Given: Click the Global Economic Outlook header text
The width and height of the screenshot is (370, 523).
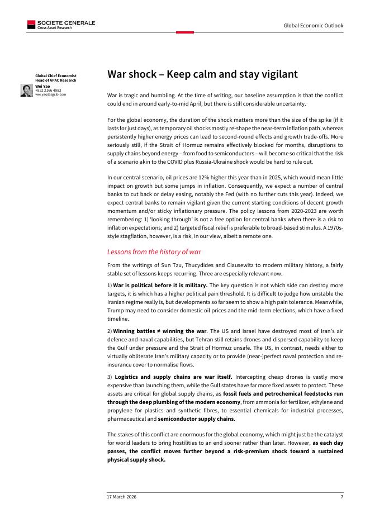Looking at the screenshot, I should point(314,25).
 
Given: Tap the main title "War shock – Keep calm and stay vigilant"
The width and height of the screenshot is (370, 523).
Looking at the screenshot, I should point(202,74).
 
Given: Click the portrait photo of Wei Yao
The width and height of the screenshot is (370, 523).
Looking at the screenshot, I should point(26,91).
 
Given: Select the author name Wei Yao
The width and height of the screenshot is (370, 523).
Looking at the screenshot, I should point(42,87).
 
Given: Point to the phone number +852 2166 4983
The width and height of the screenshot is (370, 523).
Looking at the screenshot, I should point(48,91).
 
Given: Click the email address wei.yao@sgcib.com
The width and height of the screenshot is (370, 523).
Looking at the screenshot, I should point(50,94).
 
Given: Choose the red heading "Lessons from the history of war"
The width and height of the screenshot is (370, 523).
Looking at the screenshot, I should point(155,252).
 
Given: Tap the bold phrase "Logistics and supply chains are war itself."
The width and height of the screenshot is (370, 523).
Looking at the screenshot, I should point(174,377).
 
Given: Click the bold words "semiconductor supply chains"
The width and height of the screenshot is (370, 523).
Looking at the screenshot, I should point(196,419).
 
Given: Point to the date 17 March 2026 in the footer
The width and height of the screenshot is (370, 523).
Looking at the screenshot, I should point(122,497).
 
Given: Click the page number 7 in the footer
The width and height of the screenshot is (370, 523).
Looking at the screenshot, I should point(341,497).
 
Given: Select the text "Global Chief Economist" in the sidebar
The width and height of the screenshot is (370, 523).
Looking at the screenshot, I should point(56,75).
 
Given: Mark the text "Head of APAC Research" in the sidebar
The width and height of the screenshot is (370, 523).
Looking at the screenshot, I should point(55,80).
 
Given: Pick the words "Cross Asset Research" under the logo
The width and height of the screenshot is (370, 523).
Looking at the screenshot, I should point(54,27).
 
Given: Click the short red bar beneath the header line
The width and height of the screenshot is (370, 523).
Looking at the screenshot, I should point(184,32).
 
